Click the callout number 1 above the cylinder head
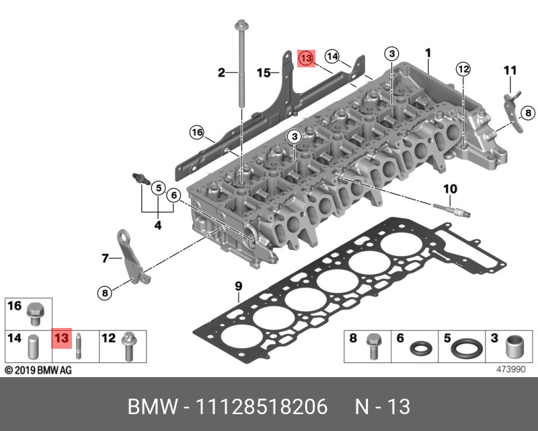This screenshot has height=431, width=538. (428, 53)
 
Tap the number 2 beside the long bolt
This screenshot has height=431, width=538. (220, 72)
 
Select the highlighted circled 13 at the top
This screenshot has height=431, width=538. (306, 59)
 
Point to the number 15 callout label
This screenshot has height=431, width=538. (264, 72)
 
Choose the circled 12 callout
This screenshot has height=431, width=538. (462, 69)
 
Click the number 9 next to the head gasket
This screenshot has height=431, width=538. (237, 287)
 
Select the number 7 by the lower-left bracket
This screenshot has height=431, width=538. (105, 258)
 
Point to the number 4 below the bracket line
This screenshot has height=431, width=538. (158, 226)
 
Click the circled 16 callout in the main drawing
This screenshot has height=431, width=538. (196, 132)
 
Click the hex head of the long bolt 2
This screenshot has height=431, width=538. (239, 26)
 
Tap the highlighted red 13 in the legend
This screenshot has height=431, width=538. (62, 338)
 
